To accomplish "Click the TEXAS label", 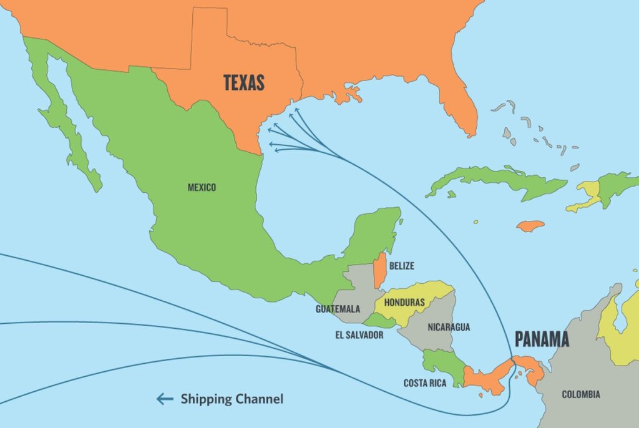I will (244, 82).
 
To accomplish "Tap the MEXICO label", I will (202, 187).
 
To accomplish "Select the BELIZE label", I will (401, 266).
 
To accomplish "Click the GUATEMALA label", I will (338, 309).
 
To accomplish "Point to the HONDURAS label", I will (404, 303).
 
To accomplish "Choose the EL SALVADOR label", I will (359, 335).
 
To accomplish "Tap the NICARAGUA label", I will (449, 327).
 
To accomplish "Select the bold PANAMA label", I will (542, 339).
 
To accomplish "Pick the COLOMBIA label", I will (580, 394).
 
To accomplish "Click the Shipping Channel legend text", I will (232, 399).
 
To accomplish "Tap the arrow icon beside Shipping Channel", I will (165, 399).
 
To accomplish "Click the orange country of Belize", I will (379, 270).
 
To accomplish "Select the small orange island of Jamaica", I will (530, 226).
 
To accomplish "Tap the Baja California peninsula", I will (66, 125).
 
